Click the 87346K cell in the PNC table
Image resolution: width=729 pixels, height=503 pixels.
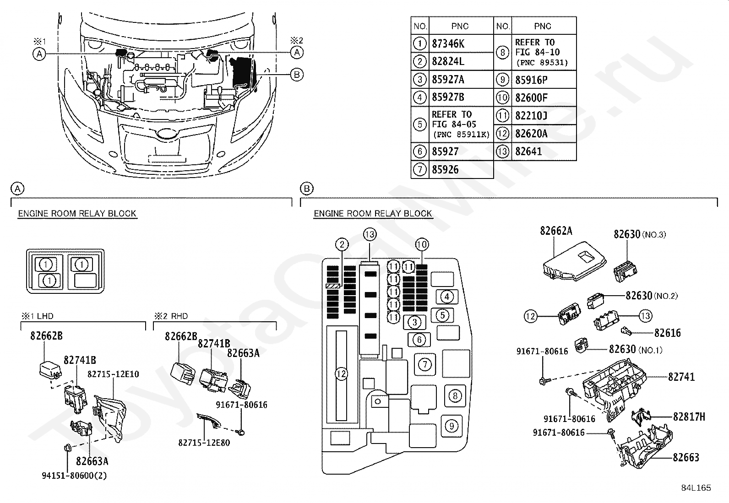(x=448, y=43)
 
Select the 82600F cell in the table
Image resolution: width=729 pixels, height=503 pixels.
(x=531, y=97)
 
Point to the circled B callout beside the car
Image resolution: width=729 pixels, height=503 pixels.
(x=297, y=75)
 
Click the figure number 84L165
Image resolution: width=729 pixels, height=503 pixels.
(x=696, y=488)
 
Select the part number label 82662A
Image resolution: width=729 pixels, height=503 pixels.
(x=556, y=231)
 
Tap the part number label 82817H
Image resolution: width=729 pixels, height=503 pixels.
(x=689, y=416)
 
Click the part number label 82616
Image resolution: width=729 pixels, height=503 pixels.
(x=667, y=333)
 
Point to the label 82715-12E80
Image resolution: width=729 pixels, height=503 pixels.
(x=204, y=443)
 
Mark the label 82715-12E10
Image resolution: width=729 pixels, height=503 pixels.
(x=114, y=374)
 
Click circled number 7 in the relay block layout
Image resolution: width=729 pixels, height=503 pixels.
(x=425, y=364)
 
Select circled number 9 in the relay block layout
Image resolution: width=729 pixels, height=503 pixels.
(x=452, y=426)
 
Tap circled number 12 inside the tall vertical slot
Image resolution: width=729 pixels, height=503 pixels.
(x=341, y=374)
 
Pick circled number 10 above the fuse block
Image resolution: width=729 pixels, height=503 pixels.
(x=422, y=244)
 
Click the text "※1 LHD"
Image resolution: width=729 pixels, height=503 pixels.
(x=37, y=316)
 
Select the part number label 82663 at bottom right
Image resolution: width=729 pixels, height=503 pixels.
(x=685, y=457)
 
